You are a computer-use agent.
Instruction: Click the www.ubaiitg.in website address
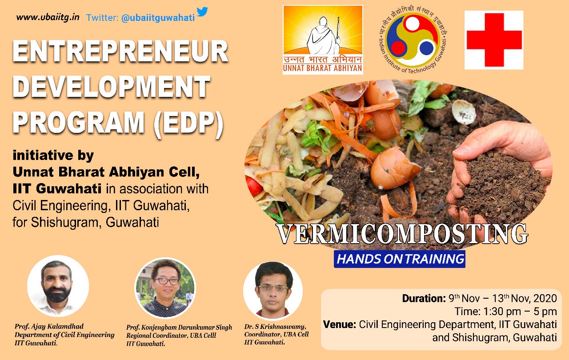(x=48, y=17)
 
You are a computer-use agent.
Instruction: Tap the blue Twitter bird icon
(x=202, y=12)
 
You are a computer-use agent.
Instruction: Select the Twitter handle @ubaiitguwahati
(x=158, y=18)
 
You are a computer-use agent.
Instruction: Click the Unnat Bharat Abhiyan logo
(x=323, y=40)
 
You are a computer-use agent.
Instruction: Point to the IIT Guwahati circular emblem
(x=413, y=40)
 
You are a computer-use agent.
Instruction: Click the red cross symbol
(x=494, y=40)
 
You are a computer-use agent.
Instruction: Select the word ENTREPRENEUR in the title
(x=120, y=51)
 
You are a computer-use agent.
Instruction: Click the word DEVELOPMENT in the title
(x=112, y=87)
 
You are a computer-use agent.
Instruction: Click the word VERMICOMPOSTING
(x=402, y=234)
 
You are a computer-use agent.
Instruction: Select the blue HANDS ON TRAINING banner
(x=400, y=259)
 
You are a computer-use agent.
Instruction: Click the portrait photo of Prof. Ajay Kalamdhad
(x=58, y=286)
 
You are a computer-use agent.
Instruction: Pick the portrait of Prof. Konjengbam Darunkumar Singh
(x=165, y=288)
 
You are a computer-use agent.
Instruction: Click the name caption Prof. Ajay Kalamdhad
(x=49, y=327)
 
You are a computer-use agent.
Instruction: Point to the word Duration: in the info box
(x=424, y=298)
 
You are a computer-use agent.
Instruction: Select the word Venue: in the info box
(x=339, y=324)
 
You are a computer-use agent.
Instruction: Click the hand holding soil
(x=499, y=172)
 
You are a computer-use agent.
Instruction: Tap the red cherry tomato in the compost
(x=254, y=186)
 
